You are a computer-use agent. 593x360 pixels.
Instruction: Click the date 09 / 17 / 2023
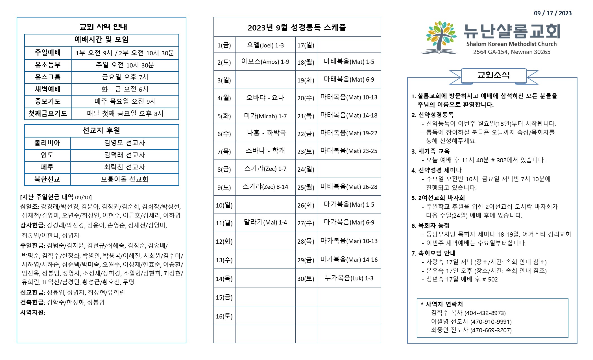552,13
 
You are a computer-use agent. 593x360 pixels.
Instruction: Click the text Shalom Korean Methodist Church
511,44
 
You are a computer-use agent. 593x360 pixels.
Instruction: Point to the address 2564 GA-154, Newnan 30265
512,52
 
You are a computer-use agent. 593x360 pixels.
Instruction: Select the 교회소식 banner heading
493,75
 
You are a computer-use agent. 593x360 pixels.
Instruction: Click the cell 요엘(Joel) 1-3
265,45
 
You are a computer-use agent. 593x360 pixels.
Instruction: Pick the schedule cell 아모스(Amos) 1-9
265,62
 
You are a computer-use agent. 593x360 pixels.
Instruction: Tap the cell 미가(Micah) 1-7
265,116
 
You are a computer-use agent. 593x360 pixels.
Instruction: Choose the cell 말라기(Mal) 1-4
265,222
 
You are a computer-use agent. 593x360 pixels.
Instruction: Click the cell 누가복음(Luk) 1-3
349,278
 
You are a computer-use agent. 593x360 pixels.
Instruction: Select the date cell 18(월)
306,62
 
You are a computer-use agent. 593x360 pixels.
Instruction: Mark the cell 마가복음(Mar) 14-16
349,260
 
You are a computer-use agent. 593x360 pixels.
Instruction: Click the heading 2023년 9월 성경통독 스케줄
297,28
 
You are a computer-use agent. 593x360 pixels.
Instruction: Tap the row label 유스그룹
48,77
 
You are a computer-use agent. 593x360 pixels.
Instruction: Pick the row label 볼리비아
47,143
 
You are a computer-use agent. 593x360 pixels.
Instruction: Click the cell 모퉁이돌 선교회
125,179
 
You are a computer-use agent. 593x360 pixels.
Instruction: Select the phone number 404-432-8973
485,313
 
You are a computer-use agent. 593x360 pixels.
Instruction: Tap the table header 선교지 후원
101,130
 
